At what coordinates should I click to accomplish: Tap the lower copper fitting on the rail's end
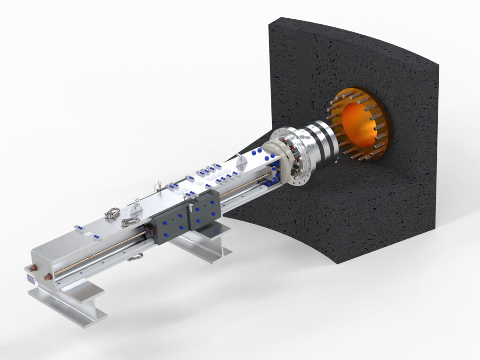(48, 277)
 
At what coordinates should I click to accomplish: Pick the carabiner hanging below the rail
(135, 256)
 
